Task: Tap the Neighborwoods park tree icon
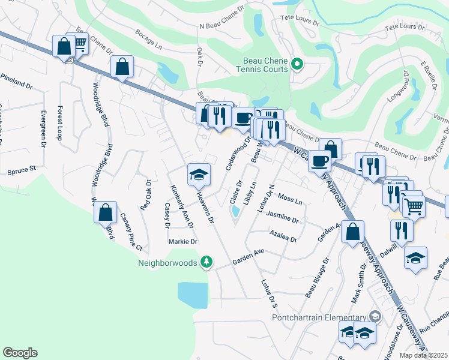tap(206, 262)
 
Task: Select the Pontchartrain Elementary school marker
tap(375, 316)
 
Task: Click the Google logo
tap(20, 352)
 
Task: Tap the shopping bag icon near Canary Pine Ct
tap(106, 212)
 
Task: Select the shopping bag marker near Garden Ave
tap(353, 231)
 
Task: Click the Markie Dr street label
tap(183, 241)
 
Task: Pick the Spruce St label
tap(22, 171)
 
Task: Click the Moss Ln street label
tap(290, 198)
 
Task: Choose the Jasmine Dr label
tap(282, 218)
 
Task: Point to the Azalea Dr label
tap(283, 238)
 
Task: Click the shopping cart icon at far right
tap(413, 205)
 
